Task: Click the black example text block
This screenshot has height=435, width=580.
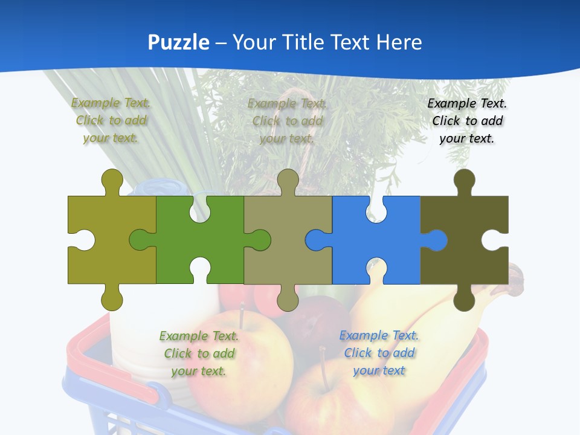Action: point(467,121)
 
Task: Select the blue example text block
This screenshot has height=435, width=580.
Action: point(379,353)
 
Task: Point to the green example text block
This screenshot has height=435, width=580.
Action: point(199,353)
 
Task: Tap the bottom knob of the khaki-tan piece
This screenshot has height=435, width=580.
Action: point(288,299)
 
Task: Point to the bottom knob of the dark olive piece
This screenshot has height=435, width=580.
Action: point(464,300)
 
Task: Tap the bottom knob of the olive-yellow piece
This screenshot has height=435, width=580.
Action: point(112,299)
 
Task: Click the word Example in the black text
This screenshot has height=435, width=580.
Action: point(451,103)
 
